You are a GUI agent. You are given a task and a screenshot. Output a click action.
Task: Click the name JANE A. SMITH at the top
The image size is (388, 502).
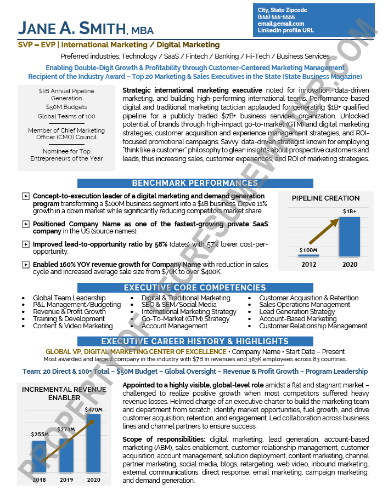(x=72, y=28)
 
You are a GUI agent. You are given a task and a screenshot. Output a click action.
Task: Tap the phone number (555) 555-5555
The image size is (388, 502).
(x=276, y=17)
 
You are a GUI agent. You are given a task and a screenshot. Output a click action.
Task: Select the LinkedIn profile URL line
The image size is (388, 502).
(x=285, y=31)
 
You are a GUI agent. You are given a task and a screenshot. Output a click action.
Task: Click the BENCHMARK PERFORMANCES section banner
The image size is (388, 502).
(x=195, y=183)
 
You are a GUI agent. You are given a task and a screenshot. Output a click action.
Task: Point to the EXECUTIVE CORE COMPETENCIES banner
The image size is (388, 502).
(x=195, y=288)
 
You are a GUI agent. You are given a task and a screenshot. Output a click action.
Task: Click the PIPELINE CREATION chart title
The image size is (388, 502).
(x=325, y=198)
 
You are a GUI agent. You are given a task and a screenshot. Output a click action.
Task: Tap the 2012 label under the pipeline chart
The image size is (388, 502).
(x=308, y=265)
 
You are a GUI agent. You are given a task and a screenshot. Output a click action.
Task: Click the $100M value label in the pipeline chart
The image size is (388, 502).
(x=308, y=250)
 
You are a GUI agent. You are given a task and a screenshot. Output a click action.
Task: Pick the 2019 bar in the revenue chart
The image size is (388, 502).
(x=66, y=455)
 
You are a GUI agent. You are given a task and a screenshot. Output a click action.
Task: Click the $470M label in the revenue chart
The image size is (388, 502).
(x=93, y=409)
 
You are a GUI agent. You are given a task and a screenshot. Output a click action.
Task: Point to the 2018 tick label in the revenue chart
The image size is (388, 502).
(x=39, y=480)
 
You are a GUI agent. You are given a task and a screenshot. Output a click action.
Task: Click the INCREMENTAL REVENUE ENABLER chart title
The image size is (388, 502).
(x=64, y=393)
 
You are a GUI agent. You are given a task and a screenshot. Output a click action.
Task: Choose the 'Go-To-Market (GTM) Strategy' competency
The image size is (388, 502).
(x=185, y=319)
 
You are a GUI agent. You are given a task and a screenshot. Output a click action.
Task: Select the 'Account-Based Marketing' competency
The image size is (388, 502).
(x=297, y=319)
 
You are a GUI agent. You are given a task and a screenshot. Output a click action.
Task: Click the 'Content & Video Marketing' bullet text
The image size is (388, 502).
(x=72, y=326)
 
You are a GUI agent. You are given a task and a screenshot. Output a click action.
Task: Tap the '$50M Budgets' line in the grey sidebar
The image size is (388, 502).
(x=66, y=107)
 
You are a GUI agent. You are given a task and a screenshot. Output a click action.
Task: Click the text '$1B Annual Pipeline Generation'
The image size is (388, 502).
(x=66, y=94)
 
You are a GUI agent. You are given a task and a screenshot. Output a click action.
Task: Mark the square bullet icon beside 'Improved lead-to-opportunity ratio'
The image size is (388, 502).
(x=25, y=244)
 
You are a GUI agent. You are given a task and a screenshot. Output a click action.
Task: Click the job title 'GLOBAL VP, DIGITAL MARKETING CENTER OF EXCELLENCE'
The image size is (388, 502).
(x=136, y=352)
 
